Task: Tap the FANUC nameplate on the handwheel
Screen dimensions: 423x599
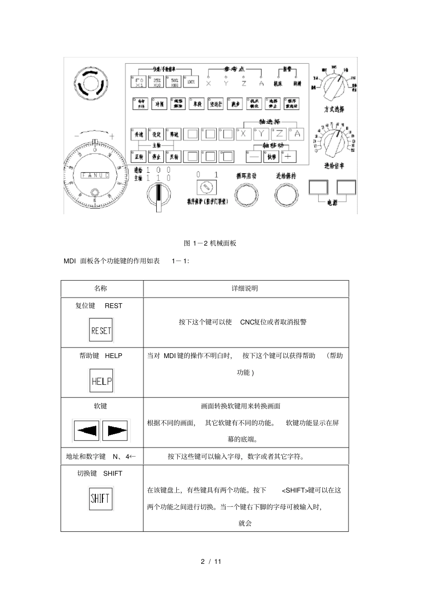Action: point(95,175)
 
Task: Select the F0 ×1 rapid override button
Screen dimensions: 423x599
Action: point(139,82)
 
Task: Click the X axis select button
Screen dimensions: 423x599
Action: point(244,134)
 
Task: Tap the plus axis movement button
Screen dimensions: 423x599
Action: point(289,156)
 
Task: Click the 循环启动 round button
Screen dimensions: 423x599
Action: point(246,195)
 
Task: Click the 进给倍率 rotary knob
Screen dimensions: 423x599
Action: point(334,142)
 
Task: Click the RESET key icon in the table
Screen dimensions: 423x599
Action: point(101,330)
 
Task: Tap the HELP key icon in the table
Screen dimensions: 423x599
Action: point(101,381)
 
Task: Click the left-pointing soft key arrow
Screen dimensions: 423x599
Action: point(86,430)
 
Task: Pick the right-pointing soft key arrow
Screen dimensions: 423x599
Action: point(115,430)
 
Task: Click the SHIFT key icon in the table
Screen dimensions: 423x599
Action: point(100,498)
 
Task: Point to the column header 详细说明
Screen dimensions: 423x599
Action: point(245,289)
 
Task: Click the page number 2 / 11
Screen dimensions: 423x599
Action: point(211,561)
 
